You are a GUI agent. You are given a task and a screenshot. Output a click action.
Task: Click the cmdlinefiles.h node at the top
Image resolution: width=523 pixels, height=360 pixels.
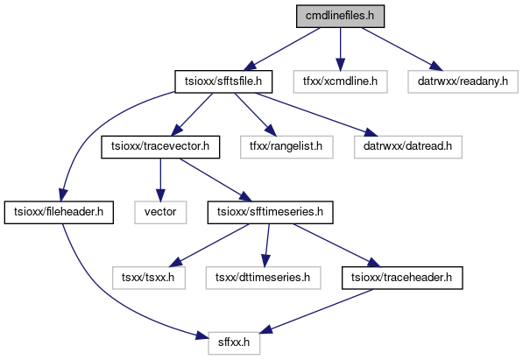[340, 16]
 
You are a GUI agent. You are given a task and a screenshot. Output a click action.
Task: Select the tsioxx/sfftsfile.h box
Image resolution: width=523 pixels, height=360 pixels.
[223, 81]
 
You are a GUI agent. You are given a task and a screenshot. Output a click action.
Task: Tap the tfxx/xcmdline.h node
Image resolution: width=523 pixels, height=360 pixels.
[340, 81]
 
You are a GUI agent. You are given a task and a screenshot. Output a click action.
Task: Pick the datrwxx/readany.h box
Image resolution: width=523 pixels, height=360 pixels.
[463, 81]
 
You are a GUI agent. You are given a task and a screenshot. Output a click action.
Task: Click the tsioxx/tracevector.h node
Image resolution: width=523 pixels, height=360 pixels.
[160, 147]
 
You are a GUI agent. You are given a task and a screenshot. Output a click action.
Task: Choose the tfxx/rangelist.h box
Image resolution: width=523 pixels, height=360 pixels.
[286, 147]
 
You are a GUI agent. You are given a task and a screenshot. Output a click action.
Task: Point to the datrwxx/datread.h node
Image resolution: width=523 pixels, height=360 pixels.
[408, 147]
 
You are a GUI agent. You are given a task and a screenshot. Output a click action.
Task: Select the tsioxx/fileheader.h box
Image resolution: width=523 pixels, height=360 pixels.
[59, 212]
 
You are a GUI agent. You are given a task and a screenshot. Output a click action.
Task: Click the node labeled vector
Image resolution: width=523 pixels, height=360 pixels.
[160, 212]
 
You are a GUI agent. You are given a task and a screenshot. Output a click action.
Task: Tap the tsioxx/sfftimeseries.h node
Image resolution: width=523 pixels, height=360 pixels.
[270, 212]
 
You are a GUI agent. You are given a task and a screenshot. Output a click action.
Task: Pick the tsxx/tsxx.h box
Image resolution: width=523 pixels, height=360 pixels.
[149, 278]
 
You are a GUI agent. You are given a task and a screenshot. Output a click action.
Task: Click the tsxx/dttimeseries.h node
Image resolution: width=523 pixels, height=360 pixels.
[263, 278]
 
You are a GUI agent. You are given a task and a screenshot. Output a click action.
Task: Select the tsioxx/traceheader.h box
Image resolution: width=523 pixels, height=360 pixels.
[402, 278]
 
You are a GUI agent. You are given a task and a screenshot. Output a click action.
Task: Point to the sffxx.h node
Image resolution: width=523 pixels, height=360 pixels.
[234, 343]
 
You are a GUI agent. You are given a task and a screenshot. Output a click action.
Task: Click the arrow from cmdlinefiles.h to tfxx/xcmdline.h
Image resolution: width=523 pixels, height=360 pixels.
[340, 49]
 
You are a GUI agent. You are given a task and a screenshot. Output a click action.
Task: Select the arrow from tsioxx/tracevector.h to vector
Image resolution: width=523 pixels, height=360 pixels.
[160, 180]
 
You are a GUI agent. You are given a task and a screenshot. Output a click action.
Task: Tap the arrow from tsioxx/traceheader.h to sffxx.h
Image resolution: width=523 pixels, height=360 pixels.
[315, 311]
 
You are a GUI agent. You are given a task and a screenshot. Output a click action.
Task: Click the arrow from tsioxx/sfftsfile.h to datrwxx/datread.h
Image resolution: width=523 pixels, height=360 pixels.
[317, 114]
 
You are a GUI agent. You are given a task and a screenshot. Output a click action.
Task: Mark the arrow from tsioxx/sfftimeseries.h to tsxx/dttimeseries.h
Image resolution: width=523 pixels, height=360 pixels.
[267, 245]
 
